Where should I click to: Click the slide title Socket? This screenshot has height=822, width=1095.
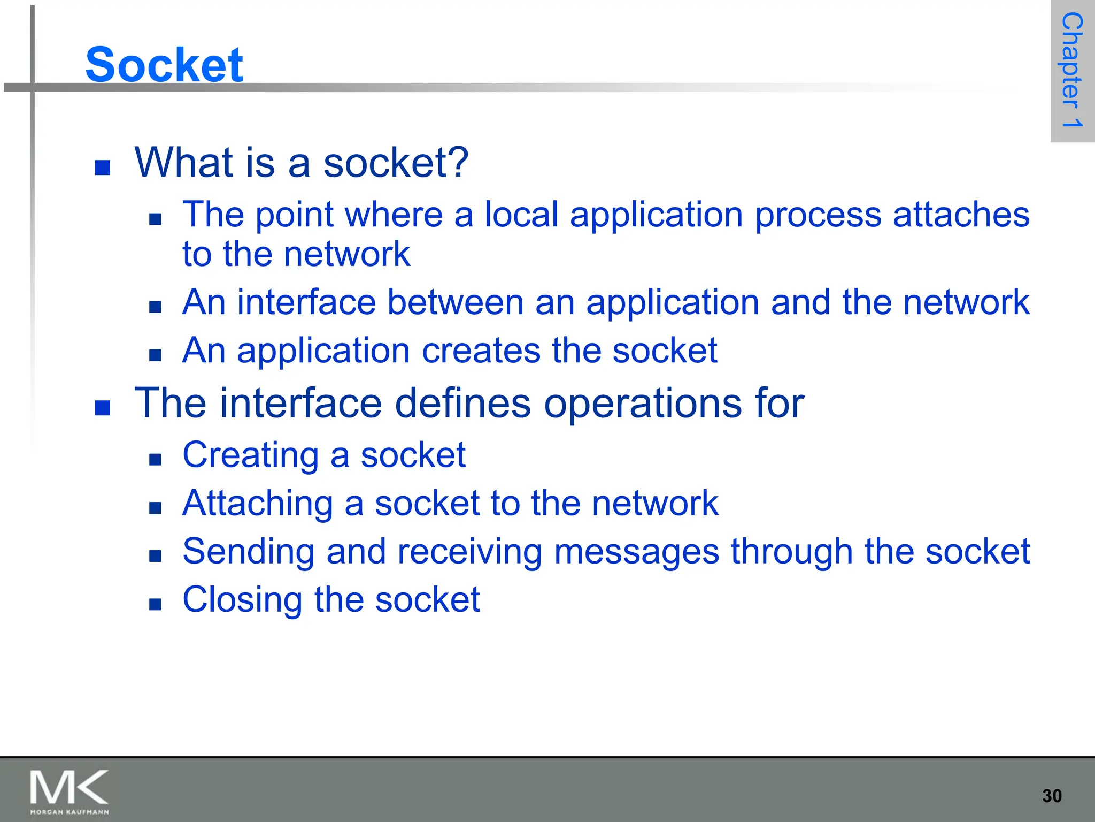[164, 65]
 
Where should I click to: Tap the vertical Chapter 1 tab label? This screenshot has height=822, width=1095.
[1071, 70]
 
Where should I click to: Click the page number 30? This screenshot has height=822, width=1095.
[1052, 796]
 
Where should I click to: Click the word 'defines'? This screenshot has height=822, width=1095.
[462, 403]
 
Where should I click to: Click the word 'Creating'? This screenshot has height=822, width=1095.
[251, 455]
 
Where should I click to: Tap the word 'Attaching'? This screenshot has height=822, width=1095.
[258, 504]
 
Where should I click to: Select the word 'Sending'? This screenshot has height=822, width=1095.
[248, 552]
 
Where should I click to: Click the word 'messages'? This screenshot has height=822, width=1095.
[636, 552]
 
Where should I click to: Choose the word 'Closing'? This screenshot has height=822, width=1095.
[242, 600]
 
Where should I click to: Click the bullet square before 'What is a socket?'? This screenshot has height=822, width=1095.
[102, 168]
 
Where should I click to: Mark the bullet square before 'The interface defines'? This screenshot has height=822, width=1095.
[102, 408]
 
